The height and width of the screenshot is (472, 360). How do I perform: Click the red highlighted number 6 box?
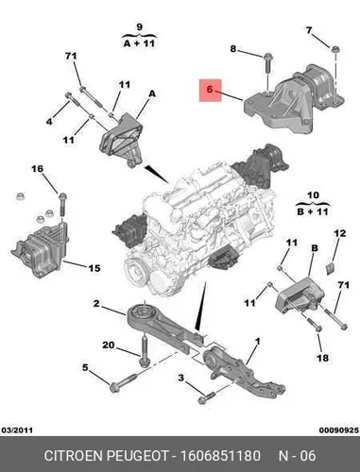pyautogui.click(x=211, y=91)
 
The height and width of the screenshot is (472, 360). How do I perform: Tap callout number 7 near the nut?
pyautogui.click(x=309, y=30)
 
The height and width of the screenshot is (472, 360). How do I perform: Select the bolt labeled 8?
pyautogui.click(x=268, y=64)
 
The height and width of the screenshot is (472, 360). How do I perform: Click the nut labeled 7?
pyautogui.click(x=335, y=49)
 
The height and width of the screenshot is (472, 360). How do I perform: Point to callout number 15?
pyautogui.click(x=94, y=268)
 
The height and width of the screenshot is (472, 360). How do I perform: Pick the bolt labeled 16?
pyautogui.click(x=62, y=204)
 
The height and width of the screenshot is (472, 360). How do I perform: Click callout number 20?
pyautogui.click(x=109, y=345)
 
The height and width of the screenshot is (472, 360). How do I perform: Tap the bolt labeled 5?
pyautogui.click(x=123, y=382)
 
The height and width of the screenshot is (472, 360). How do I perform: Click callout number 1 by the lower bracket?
pyautogui.click(x=257, y=341)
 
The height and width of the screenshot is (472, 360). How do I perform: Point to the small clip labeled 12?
pyautogui.click(x=330, y=268)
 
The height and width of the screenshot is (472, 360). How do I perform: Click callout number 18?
pyautogui.click(x=323, y=358)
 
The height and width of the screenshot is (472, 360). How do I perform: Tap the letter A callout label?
pyautogui.click(x=152, y=93)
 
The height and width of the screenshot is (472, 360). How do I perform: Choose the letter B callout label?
pyautogui.click(x=314, y=248)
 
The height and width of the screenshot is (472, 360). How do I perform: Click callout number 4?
pyautogui.click(x=49, y=121)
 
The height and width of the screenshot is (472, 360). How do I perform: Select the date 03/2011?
pyautogui.click(x=17, y=430)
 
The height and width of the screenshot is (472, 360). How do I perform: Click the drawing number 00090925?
pyautogui.click(x=339, y=430)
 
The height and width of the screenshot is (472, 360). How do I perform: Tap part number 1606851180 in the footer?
pyautogui.click(x=220, y=456)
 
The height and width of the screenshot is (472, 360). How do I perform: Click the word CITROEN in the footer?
pyautogui.click(x=74, y=456)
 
